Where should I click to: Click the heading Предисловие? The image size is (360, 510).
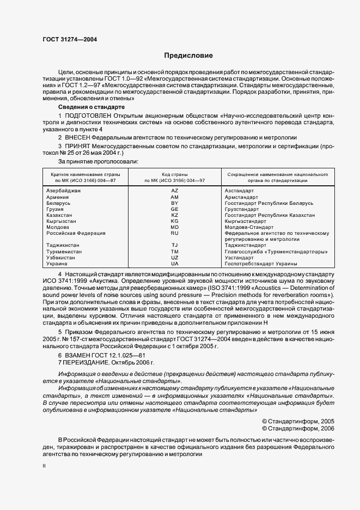pyautogui.click(x=188, y=56)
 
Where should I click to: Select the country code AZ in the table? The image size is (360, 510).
pyautogui.click(x=175, y=191)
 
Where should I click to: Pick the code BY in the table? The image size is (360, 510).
pyautogui.click(x=175, y=203)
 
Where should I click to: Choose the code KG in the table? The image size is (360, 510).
pyautogui.click(x=175, y=221)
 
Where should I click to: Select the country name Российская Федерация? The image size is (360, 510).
pyautogui.click(x=76, y=233)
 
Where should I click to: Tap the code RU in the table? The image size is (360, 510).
pyautogui.click(x=175, y=233)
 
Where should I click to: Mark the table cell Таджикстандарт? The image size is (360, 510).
pyautogui.click(x=246, y=245)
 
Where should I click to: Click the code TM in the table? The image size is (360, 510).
pyautogui.click(x=175, y=251)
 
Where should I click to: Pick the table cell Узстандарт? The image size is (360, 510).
pyautogui.click(x=239, y=257)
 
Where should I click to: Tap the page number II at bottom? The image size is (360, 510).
pyautogui.click(x=45, y=466)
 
